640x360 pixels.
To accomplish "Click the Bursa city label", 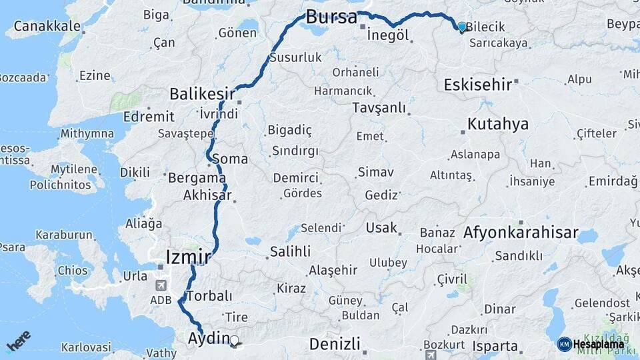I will tap(331, 17).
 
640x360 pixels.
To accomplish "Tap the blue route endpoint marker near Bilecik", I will tap(462, 27).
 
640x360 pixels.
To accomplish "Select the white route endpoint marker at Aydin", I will tap(234, 341).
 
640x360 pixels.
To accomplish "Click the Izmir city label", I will tap(188, 256).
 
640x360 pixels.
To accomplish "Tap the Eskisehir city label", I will tap(477, 85).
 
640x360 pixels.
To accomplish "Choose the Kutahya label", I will tap(497, 124).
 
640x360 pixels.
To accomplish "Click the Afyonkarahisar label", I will tap(520, 233).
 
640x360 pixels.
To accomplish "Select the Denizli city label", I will tap(335, 344).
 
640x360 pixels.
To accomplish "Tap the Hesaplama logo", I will tap(591, 344).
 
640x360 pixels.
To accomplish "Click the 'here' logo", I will tap(19, 342).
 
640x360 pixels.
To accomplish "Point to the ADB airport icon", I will tap(160, 285).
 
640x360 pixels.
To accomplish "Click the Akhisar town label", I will tap(207, 195).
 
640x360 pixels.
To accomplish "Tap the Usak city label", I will tap(381, 228).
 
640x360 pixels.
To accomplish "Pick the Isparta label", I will tap(495, 346).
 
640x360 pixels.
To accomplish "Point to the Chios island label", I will tap(72, 271).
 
